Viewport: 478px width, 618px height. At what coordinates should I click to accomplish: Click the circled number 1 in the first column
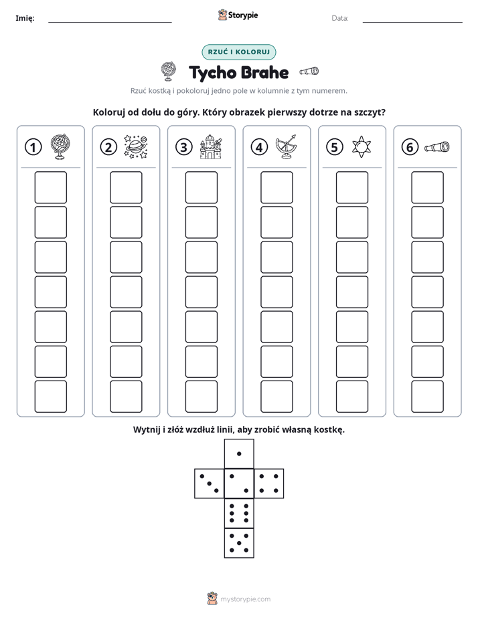[33, 147]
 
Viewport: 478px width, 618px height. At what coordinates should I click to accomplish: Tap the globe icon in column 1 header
[60, 146]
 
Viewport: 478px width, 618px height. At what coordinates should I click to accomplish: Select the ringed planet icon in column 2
[136, 146]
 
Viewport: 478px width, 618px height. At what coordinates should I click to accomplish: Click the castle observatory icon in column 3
[211, 146]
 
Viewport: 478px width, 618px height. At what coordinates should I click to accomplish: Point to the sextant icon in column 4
[287, 146]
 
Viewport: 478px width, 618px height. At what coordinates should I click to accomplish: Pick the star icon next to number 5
[362, 147]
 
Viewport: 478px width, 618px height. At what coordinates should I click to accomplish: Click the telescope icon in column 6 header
[437, 146]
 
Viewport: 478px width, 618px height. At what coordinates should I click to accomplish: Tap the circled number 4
[259, 147]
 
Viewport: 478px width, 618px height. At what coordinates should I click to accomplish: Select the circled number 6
[410, 147]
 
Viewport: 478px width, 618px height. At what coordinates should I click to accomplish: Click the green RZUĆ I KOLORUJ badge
[239, 52]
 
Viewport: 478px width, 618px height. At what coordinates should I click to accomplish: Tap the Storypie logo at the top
[238, 15]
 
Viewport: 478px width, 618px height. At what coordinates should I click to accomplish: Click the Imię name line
[110, 22]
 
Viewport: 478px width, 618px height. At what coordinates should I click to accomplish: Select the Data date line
[412, 22]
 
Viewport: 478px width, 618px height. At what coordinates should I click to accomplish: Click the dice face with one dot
[239, 454]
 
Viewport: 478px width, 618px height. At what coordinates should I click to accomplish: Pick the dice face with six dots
[239, 513]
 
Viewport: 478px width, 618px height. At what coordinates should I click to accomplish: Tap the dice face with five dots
[239, 543]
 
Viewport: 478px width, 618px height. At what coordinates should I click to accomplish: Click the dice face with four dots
[269, 484]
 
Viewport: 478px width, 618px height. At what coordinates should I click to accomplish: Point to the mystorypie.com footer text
[245, 599]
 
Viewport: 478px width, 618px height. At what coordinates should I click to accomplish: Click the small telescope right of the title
[309, 71]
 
